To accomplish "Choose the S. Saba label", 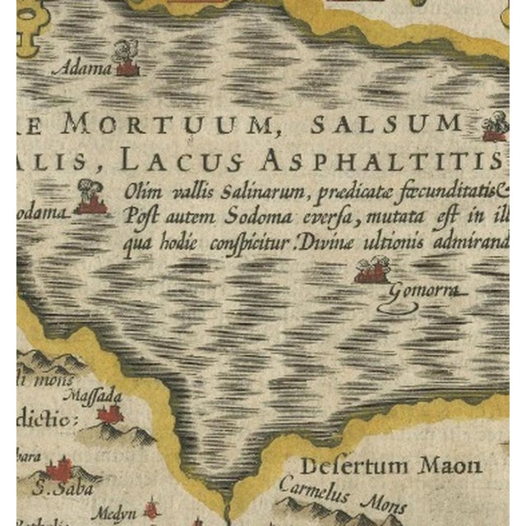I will [x=65, y=488].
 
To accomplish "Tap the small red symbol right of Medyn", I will [x=150, y=510].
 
